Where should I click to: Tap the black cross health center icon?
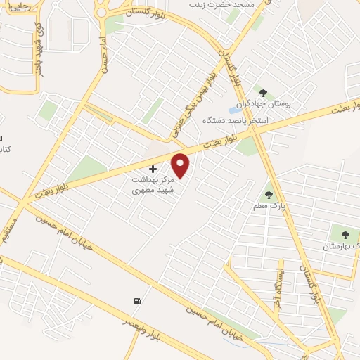click(153, 169)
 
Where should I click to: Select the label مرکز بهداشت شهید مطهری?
click(152, 185)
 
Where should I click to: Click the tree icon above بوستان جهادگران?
click(263, 93)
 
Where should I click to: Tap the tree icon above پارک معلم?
click(267, 195)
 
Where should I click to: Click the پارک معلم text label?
click(267, 207)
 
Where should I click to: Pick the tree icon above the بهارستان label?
click(345, 235)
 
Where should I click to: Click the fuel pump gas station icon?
click(136, 302)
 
